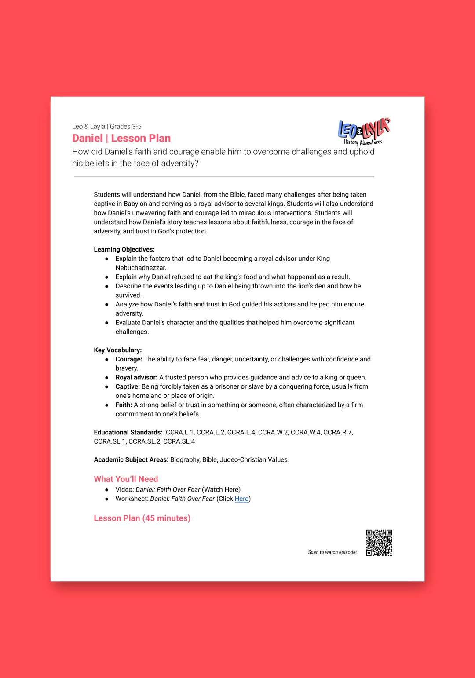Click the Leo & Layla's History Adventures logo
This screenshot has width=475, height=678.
[364, 131]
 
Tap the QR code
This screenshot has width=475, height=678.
[379, 543]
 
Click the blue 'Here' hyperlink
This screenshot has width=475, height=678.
[241, 499]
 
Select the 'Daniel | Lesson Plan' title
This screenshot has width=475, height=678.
[121, 138]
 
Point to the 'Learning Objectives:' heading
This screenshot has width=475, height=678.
[124, 249]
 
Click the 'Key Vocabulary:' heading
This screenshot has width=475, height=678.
[117, 350]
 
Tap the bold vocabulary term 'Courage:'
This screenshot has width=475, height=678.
[129, 359]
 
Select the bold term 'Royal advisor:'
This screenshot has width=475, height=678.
[136, 377]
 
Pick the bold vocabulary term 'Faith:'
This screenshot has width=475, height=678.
[124, 405]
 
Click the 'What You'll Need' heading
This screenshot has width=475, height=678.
[126, 479]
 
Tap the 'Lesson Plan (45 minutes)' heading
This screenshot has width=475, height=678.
[142, 518]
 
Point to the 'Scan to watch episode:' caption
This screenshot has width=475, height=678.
[332, 552]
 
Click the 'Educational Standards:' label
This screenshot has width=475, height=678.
[128, 432]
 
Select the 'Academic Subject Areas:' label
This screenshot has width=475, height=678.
[131, 459]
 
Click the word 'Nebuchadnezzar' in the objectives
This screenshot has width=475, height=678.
[141, 268]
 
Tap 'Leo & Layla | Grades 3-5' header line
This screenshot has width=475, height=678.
[107, 126]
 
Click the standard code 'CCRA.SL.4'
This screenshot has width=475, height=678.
[179, 441]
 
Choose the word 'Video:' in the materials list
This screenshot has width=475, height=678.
[124, 489]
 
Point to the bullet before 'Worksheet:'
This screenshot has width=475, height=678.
[107, 499]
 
